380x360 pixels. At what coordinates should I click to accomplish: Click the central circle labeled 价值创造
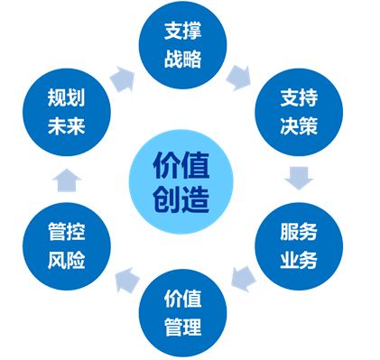point(181,180)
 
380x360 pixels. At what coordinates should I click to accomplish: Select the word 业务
point(299,263)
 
